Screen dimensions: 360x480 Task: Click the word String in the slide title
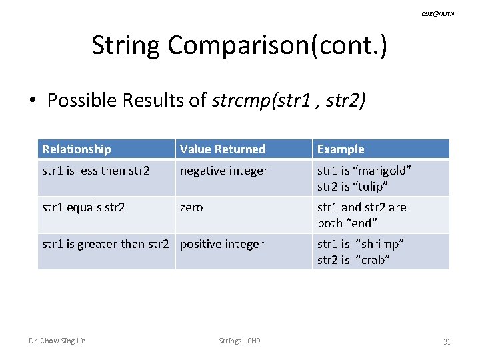coord(126,45)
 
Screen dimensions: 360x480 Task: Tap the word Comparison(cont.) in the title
coord(277,45)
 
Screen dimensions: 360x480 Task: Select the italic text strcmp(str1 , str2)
coord(288,101)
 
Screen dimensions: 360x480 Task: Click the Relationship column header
coord(76,149)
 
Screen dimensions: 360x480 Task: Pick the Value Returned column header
coord(223,149)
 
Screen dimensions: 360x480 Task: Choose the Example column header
coord(341,149)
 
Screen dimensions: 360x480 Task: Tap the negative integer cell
coord(224,171)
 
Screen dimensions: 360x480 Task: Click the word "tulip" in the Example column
coord(369,186)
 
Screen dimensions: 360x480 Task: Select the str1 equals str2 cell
coord(83,207)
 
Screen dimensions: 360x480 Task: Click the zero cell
coord(191,207)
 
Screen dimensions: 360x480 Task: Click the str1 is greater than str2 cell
coord(106,244)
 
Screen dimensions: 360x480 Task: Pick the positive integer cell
coord(222,244)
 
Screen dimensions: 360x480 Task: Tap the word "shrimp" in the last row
coord(379,244)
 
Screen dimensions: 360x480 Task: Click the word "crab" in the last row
coord(371,259)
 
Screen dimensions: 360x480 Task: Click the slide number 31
coord(447,341)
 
